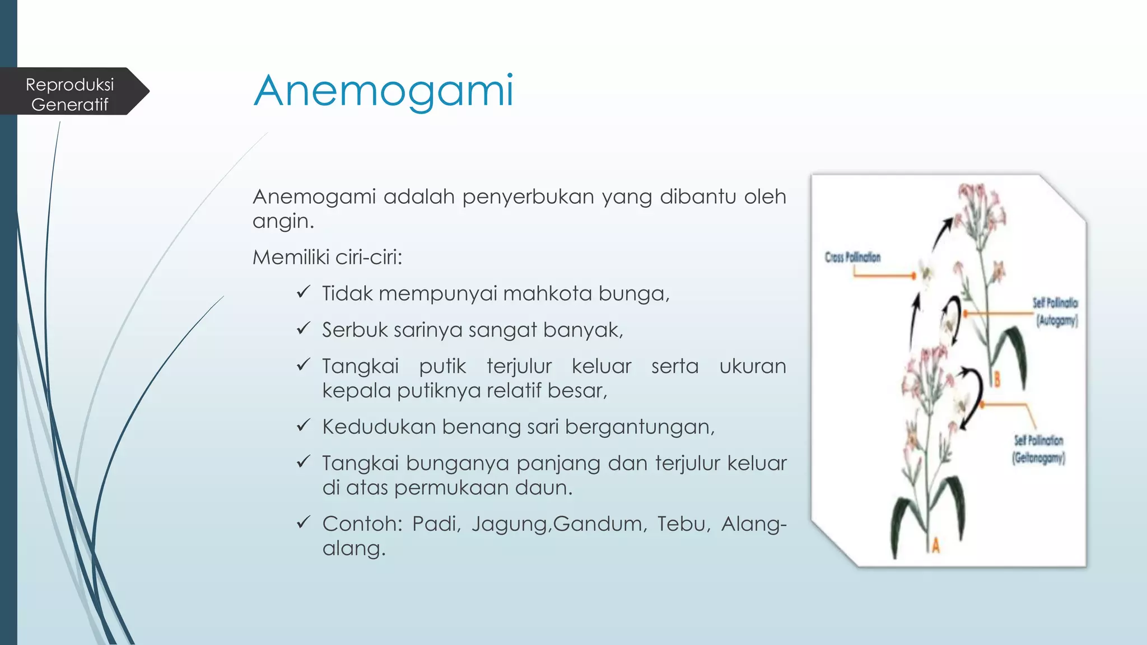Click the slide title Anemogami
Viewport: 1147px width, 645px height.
(384, 91)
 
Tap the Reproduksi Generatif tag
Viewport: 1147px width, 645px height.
(70, 94)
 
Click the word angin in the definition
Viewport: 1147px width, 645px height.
(283, 222)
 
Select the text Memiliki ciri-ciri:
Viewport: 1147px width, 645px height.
(328, 258)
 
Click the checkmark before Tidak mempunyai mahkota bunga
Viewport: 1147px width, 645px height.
(303, 292)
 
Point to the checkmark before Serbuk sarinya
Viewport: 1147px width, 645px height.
(303, 328)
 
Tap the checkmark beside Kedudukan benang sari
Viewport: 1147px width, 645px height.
(303, 426)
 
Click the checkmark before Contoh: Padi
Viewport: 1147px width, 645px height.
(303, 522)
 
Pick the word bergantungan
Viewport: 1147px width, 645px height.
(640, 427)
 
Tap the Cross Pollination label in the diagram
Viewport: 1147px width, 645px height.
(852, 258)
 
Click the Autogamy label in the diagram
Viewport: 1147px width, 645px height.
(1057, 321)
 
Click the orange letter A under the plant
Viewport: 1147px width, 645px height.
(935, 544)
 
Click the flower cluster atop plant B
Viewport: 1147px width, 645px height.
(980, 210)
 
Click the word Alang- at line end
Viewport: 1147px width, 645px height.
(753, 524)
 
